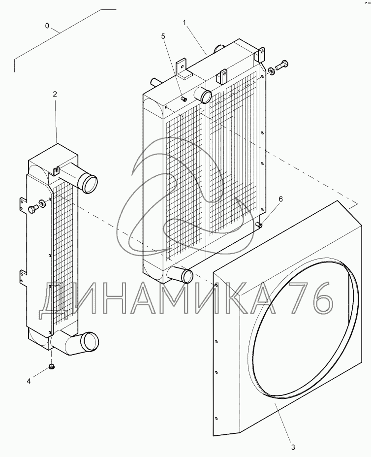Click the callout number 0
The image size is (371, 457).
pos(47,26)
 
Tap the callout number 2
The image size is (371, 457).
pos(55,94)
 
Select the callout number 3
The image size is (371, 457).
pos(293,447)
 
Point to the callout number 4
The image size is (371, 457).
pos(29,381)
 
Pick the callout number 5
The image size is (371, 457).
pos(163,36)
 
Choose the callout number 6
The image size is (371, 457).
pos(280,199)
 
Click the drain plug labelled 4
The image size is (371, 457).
pos(52,367)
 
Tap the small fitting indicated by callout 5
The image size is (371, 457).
pos(184,99)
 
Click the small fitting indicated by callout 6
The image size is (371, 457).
pos(259,225)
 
